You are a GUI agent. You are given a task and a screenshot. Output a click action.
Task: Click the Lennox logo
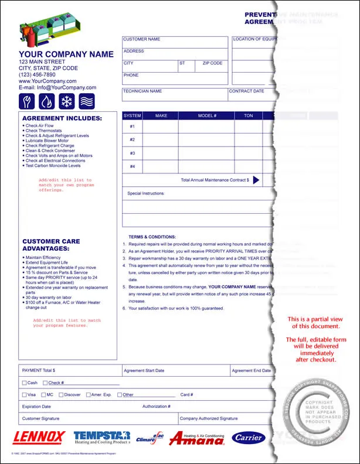(x=39, y=437)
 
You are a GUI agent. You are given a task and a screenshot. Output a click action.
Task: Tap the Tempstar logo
(x=101, y=438)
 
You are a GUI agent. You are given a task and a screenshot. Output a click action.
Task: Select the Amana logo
(x=196, y=438)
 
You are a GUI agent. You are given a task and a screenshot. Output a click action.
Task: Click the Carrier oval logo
(x=249, y=438)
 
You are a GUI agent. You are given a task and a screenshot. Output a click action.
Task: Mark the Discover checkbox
(x=60, y=395)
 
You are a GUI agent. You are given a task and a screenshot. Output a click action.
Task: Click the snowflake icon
(x=67, y=101)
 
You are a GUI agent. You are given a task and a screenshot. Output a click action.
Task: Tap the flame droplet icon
(x=47, y=101)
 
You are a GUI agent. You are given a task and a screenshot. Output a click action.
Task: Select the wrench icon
(x=28, y=101)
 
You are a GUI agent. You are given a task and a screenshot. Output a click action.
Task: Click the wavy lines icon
(x=87, y=101)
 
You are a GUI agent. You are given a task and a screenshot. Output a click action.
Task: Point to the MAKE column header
(x=161, y=115)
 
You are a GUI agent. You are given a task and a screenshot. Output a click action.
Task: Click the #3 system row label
(x=132, y=153)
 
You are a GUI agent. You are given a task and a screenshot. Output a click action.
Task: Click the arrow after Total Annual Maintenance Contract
(x=256, y=180)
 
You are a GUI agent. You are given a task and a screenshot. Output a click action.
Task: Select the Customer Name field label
(x=141, y=39)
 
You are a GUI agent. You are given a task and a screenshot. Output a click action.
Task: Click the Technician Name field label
(x=142, y=91)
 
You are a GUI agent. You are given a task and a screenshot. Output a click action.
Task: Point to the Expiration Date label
(x=36, y=406)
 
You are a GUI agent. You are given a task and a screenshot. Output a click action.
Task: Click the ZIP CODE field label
(x=212, y=63)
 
